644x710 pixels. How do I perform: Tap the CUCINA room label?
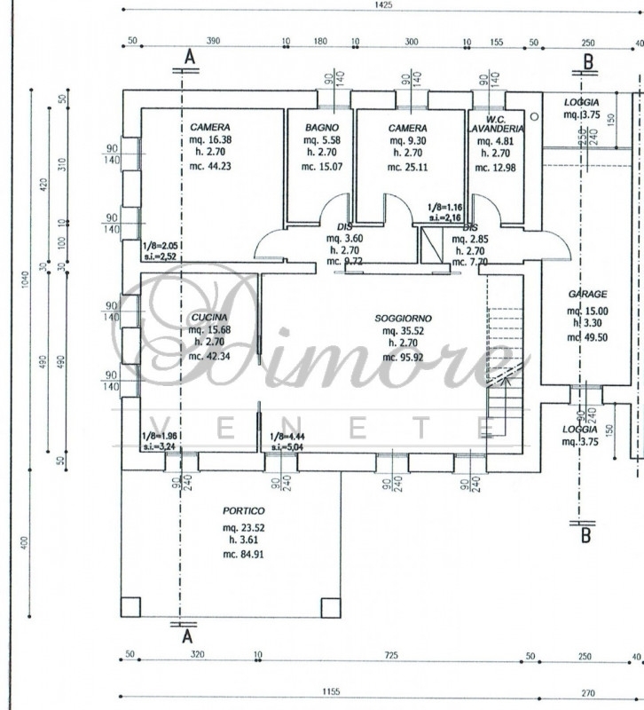[209, 317]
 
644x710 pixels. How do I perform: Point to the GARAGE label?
[587, 294]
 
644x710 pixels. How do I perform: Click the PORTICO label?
[244, 511]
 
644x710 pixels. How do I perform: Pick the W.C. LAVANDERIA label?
[496, 123]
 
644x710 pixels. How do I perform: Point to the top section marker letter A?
[188, 58]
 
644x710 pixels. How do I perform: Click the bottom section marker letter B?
[585, 535]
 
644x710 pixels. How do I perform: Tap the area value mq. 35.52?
[396, 330]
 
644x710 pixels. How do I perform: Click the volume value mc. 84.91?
[244, 554]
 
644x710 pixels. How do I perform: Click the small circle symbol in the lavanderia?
[534, 116]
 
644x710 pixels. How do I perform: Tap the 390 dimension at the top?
[213, 41]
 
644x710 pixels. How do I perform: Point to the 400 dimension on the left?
[26, 541]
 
